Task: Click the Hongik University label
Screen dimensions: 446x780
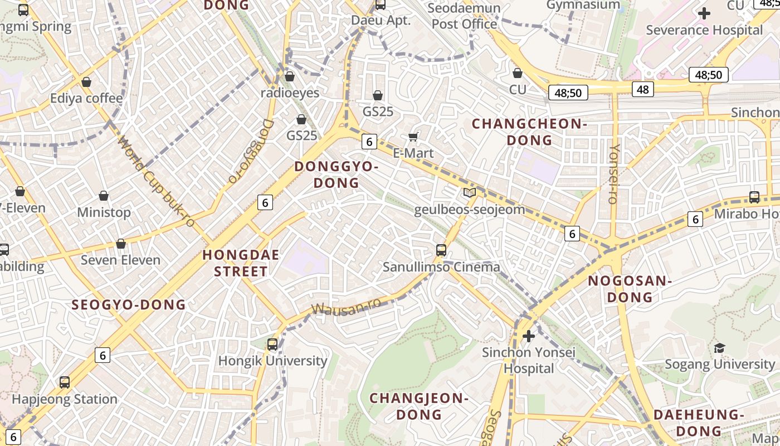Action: click(272, 361)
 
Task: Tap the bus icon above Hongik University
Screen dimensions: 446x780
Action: click(272, 345)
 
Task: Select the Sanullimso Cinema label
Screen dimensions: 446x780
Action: click(441, 267)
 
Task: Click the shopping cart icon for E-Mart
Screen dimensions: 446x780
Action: click(413, 137)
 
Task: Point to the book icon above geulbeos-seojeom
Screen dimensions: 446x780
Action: click(470, 193)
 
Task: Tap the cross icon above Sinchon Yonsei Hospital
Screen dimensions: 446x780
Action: click(529, 336)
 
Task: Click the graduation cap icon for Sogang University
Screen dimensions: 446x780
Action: click(719, 348)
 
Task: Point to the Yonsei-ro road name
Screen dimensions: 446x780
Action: click(614, 173)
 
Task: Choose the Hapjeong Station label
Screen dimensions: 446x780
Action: click(65, 399)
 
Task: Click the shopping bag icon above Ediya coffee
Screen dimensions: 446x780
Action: click(86, 83)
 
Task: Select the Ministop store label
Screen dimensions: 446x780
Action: click(104, 212)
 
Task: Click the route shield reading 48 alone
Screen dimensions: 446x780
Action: click(642, 89)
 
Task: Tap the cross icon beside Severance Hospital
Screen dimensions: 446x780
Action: click(704, 13)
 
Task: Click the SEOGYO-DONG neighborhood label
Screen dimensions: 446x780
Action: click(129, 304)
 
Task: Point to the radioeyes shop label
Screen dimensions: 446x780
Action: click(290, 93)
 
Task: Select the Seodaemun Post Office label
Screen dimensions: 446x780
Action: click(464, 16)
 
